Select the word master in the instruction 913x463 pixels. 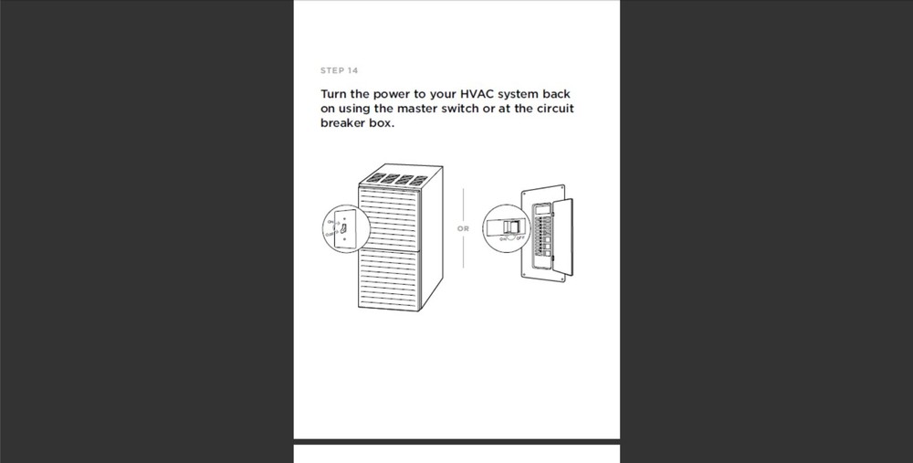click(x=419, y=109)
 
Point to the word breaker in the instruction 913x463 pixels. click(x=345, y=123)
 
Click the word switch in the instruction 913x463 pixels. click(x=472, y=109)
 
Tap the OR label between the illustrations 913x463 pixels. click(x=463, y=228)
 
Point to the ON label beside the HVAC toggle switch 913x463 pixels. click(x=329, y=220)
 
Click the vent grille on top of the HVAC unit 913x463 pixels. click(x=394, y=179)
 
